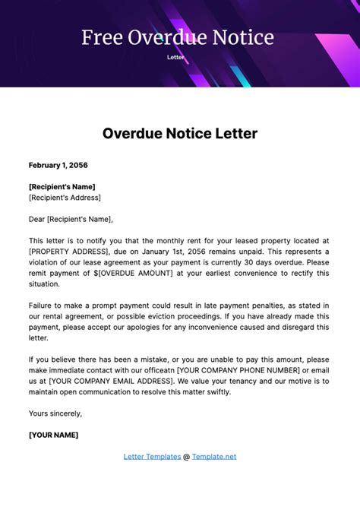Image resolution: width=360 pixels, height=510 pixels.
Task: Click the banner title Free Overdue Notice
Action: (x=178, y=38)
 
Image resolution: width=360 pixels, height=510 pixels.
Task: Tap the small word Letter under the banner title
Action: (x=175, y=57)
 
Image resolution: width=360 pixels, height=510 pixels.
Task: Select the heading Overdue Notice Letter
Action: (x=180, y=134)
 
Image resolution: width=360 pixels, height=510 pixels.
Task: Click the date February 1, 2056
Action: (x=58, y=165)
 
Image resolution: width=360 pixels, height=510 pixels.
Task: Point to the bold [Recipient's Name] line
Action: (x=62, y=186)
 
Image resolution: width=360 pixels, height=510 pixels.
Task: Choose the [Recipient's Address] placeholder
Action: (x=65, y=198)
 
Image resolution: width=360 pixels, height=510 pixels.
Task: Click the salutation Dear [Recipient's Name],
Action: (x=71, y=219)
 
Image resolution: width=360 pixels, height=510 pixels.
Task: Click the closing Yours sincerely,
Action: (x=55, y=413)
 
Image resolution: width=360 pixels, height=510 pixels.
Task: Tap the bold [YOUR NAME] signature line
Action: (x=53, y=436)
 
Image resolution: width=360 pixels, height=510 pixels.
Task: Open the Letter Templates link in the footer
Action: (x=151, y=457)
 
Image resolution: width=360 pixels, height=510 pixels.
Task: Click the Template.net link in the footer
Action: (x=214, y=457)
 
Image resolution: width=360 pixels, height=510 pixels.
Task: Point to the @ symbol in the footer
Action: (x=186, y=457)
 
